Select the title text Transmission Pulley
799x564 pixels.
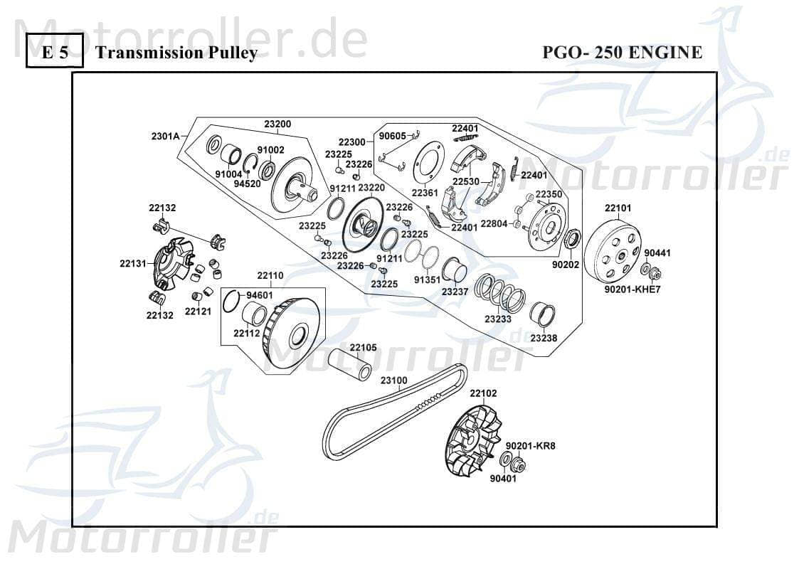(x=176, y=53)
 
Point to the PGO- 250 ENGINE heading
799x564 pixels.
(x=622, y=53)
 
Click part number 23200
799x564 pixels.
(x=277, y=124)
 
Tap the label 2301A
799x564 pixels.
(x=164, y=136)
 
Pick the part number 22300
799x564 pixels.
(x=351, y=142)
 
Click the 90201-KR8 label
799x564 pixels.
(x=530, y=446)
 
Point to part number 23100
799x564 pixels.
(x=393, y=381)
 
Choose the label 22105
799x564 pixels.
(x=363, y=347)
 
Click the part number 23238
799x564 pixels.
(x=544, y=338)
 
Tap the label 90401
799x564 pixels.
(x=503, y=478)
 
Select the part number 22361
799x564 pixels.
(x=425, y=192)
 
